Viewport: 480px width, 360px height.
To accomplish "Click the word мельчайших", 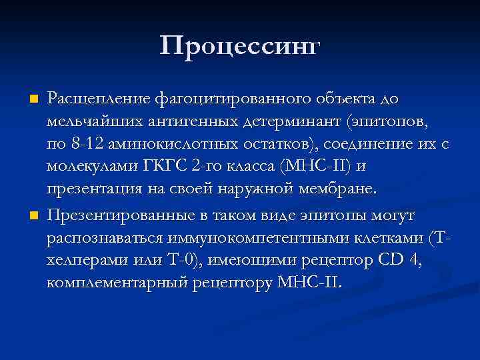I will pyautogui.click(x=89, y=122).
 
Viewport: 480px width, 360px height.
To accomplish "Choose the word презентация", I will pyautogui.click(x=89, y=189).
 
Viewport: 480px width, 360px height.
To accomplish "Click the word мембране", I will pyautogui.click(x=340, y=189).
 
